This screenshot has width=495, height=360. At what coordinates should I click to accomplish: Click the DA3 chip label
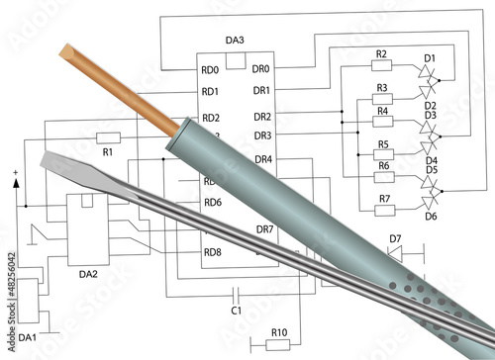point(235,41)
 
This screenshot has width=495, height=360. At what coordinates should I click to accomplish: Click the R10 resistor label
point(279,332)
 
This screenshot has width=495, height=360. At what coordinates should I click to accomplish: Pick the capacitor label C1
point(237,311)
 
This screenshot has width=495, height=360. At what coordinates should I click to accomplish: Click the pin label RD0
point(210,70)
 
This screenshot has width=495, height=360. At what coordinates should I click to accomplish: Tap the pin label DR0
point(260,70)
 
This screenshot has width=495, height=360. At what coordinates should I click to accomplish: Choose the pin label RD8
point(212,252)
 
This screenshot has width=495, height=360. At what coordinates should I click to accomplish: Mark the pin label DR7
point(264,229)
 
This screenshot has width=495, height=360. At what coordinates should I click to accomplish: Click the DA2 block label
point(87,274)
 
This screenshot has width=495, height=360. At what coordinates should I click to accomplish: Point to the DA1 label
point(27,337)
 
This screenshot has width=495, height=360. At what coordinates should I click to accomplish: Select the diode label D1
point(430,58)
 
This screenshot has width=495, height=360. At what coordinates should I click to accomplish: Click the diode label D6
point(431,216)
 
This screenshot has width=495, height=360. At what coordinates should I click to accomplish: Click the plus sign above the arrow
point(16,173)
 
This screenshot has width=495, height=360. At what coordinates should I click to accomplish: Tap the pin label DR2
point(261,116)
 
